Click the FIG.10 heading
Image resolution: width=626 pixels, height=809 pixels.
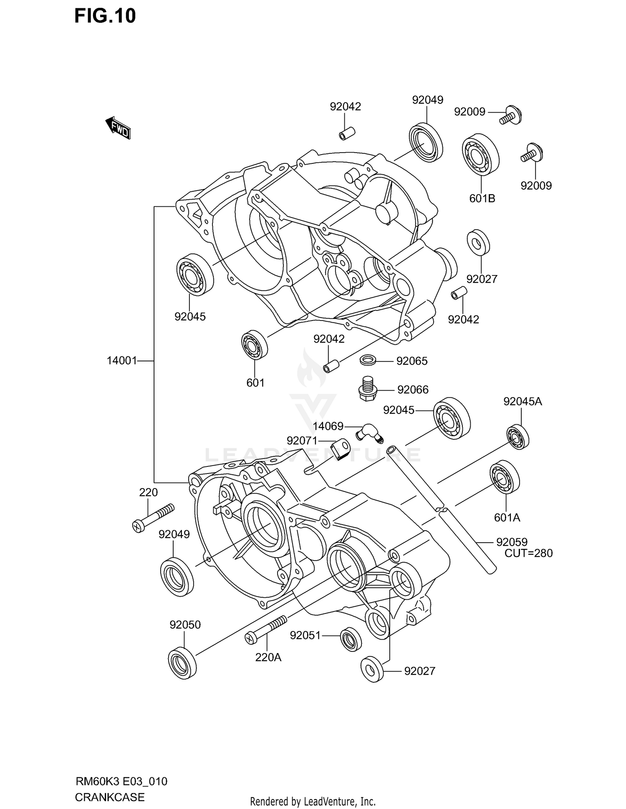[x=105, y=16]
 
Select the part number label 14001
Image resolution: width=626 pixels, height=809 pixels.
[x=122, y=361]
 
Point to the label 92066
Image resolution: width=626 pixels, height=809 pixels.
[x=413, y=390]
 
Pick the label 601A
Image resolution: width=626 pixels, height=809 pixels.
[x=507, y=517]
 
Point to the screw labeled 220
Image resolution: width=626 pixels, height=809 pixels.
[x=153, y=517]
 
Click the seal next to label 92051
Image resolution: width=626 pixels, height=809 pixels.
[x=351, y=639]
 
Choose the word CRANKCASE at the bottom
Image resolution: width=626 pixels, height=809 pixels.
[x=110, y=797]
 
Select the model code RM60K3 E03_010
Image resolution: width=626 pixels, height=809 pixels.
[x=121, y=781]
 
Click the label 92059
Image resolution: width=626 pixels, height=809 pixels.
[x=512, y=542]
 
